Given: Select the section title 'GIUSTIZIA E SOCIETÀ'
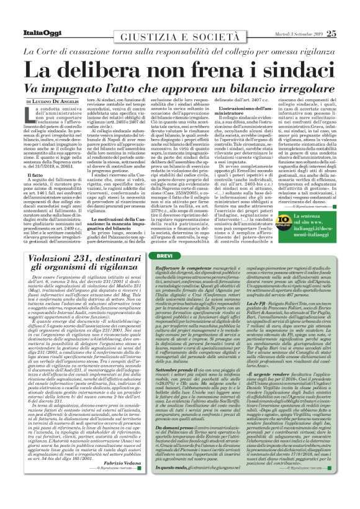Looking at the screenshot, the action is [x=179, y=27].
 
